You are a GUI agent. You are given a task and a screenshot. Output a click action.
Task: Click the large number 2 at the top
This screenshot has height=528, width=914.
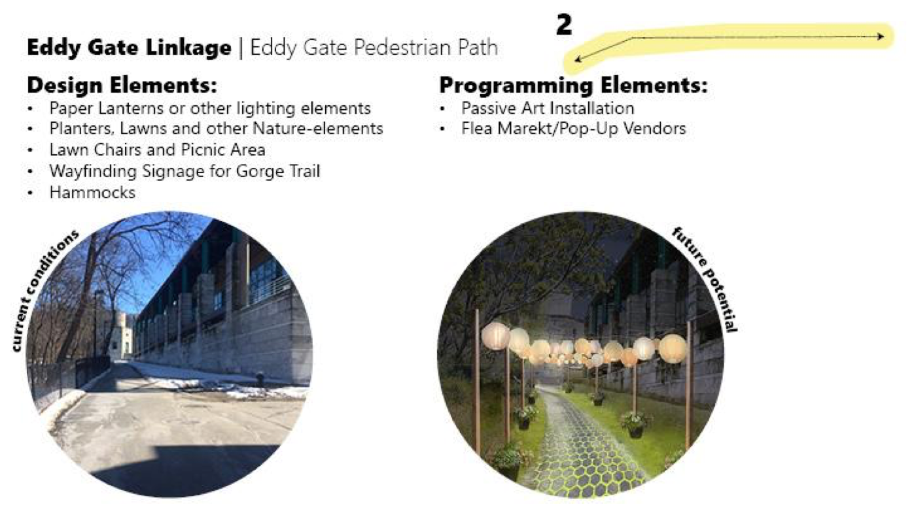[x=565, y=25]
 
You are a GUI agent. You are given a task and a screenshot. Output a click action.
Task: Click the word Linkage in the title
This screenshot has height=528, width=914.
[x=188, y=48]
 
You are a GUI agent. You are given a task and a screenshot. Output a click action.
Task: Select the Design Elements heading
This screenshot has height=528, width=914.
[x=122, y=85]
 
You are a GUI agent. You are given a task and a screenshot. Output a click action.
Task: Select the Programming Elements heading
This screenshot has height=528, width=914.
[x=573, y=85]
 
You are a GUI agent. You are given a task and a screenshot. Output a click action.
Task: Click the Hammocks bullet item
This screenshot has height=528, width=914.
[x=92, y=192]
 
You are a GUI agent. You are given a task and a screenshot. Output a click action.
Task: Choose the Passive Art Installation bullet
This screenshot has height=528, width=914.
[x=548, y=108]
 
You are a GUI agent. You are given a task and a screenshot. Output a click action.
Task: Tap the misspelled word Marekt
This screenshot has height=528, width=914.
[x=524, y=129]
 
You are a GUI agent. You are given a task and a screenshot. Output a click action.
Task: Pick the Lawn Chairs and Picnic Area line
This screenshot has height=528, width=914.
[x=157, y=150]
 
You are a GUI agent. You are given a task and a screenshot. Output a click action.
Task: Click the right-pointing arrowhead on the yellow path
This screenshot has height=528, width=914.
[x=881, y=37]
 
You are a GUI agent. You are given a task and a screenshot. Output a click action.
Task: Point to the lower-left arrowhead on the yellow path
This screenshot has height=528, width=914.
[x=578, y=59]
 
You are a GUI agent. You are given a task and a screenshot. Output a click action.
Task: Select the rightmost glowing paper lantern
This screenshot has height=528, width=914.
[x=673, y=348]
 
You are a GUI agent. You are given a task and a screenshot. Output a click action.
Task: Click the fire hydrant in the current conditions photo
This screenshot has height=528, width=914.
[x=260, y=378]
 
